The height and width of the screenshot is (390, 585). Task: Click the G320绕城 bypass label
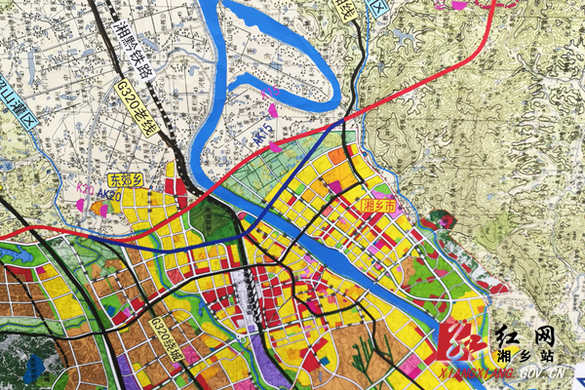click(167, 337)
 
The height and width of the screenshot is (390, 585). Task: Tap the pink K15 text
click(270, 94)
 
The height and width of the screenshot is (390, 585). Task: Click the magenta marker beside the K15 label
click(273, 111)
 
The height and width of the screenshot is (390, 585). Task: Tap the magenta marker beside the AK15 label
click(275, 147)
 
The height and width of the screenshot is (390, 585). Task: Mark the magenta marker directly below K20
click(80, 204)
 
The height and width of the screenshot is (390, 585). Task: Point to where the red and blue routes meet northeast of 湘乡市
click(343, 125)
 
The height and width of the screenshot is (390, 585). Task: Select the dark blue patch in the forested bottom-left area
click(37, 368)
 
